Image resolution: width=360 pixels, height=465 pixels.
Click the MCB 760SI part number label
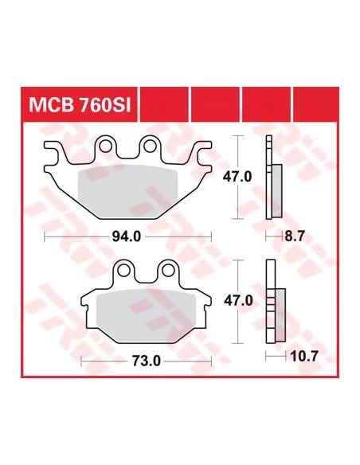pyautogui.click(x=80, y=105)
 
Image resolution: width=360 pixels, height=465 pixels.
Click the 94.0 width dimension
pyautogui.click(x=127, y=236)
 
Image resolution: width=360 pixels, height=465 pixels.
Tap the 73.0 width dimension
pyautogui.click(x=147, y=361)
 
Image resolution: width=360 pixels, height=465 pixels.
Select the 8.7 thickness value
pyautogui.click(x=294, y=236)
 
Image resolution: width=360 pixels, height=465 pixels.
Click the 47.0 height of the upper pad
pyautogui.click(x=237, y=177)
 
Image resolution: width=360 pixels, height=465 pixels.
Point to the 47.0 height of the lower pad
pyautogui.click(x=238, y=301)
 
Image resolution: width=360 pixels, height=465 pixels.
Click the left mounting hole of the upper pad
pyautogui.click(x=104, y=146)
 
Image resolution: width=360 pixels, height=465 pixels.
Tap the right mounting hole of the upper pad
pyautogui.click(x=150, y=146)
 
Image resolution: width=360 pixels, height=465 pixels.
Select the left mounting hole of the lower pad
pyautogui.click(x=123, y=270)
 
